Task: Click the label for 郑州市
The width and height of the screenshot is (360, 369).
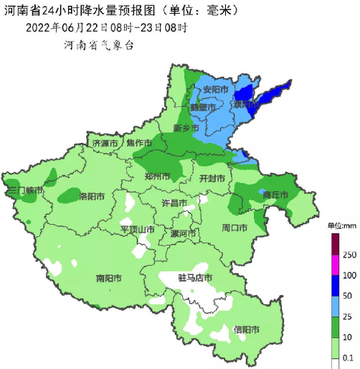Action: click(156, 176)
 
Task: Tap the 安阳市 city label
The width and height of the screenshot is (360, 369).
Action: click(215, 90)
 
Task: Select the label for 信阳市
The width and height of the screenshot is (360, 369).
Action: click(247, 330)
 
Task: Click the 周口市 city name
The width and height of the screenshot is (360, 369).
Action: click(235, 228)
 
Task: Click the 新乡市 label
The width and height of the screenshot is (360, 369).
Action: click(186, 128)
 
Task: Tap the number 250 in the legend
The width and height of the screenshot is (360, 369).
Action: click(349, 255)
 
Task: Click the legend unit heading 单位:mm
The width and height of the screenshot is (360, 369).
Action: click(342, 226)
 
